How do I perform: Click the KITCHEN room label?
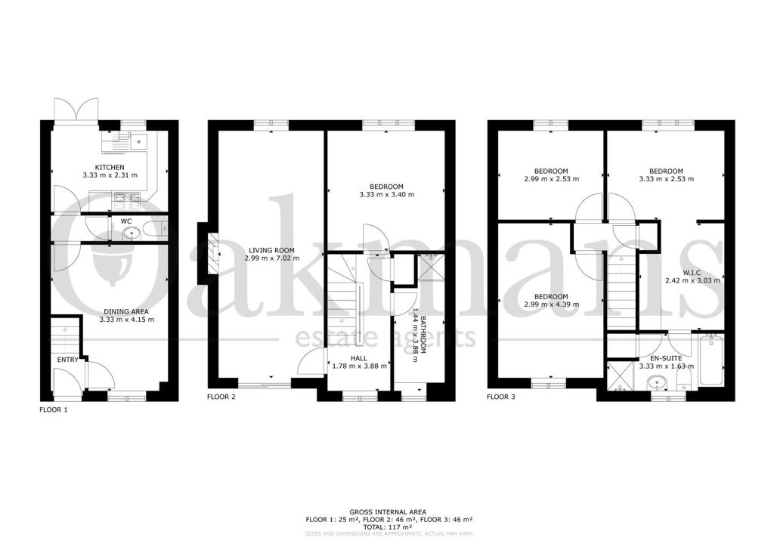pos(110,167)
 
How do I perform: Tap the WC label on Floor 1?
pos(126,221)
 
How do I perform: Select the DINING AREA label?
pos(126,311)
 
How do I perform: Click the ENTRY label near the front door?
pos(67,360)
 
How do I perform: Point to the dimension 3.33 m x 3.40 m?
pos(386,195)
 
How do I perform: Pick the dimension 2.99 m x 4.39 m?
pos(550,304)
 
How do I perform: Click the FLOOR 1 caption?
pos(53,409)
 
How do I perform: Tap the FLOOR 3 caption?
pos(500,396)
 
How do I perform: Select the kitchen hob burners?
pos(127,200)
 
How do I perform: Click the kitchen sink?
pos(138,140)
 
